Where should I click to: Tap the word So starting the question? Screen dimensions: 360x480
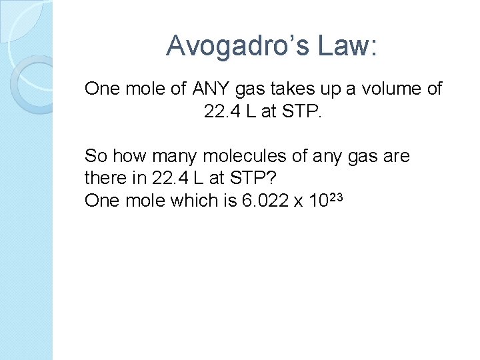[x=96, y=157]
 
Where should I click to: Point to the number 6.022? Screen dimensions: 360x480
[x=266, y=201]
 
